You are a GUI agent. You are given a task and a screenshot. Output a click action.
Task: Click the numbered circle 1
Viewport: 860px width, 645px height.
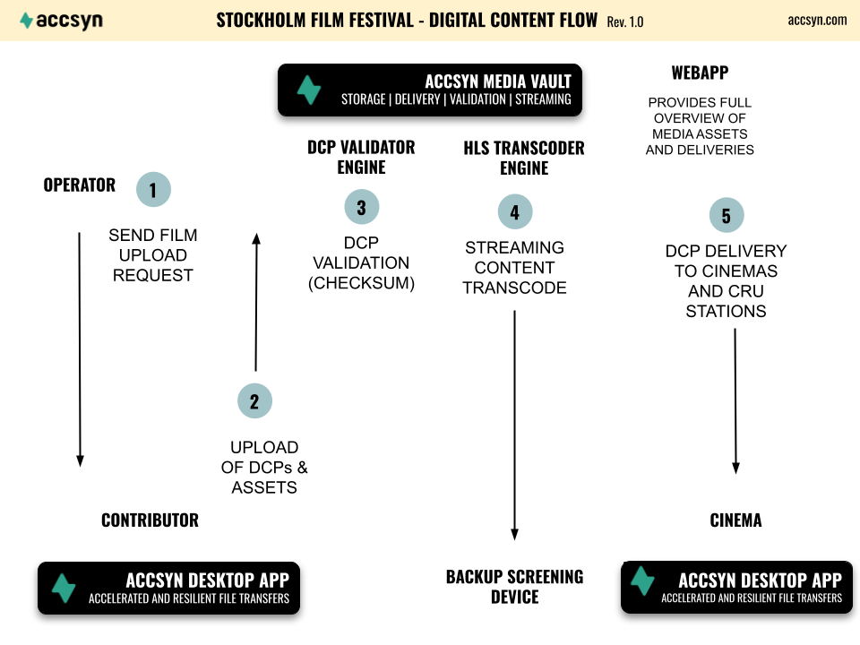click(153, 190)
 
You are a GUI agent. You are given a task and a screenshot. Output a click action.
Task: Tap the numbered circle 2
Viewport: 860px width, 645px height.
click(254, 401)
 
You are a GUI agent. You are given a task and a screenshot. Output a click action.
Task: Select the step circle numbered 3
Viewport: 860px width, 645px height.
click(361, 207)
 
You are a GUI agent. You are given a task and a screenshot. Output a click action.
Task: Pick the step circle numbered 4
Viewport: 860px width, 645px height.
click(515, 211)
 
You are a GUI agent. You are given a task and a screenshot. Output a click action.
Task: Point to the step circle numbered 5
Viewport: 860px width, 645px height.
click(727, 215)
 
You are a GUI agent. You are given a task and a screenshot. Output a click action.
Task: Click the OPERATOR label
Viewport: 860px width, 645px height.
click(80, 185)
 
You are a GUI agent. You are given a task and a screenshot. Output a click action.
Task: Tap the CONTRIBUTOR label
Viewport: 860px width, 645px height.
click(150, 520)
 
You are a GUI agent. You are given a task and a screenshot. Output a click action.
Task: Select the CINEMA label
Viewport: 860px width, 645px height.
click(735, 520)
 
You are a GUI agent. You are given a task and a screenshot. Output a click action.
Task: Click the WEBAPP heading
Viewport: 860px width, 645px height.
click(700, 73)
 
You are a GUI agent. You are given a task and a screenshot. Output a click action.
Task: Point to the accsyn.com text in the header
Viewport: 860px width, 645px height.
click(817, 21)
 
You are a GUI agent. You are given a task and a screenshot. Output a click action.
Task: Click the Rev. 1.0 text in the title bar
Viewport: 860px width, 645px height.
click(624, 21)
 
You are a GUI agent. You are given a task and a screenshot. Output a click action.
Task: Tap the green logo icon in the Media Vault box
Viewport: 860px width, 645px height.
click(309, 90)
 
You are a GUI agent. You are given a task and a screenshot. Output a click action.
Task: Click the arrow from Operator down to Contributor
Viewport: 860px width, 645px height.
click(80, 349)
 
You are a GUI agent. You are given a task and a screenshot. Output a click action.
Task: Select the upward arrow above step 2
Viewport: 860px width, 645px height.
click(255, 302)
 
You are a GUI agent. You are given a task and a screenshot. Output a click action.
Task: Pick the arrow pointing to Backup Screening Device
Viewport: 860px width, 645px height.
click(514, 425)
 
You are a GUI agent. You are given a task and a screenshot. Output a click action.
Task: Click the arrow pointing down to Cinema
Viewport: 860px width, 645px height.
click(735, 401)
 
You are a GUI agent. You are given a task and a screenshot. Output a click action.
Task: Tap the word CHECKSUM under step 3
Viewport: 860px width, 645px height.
click(361, 283)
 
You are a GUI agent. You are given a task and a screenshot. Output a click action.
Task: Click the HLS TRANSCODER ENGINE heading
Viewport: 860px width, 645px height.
click(524, 158)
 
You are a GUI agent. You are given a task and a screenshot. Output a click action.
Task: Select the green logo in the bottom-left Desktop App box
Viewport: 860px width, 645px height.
click(64, 588)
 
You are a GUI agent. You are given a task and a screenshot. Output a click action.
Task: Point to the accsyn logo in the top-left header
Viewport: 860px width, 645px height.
click(62, 21)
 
